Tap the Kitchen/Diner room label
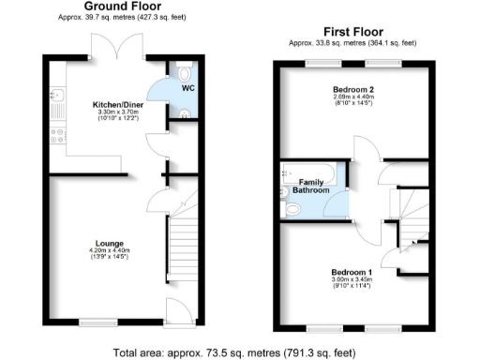[x=116, y=103]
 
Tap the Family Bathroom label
[x=311, y=186]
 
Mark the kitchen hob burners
[x=55, y=136]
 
